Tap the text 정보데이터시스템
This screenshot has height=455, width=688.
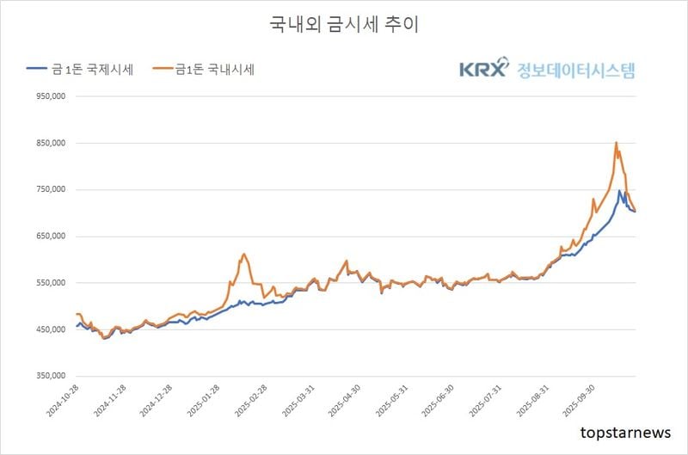(575, 69)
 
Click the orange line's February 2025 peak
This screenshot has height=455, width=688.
(244, 254)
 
